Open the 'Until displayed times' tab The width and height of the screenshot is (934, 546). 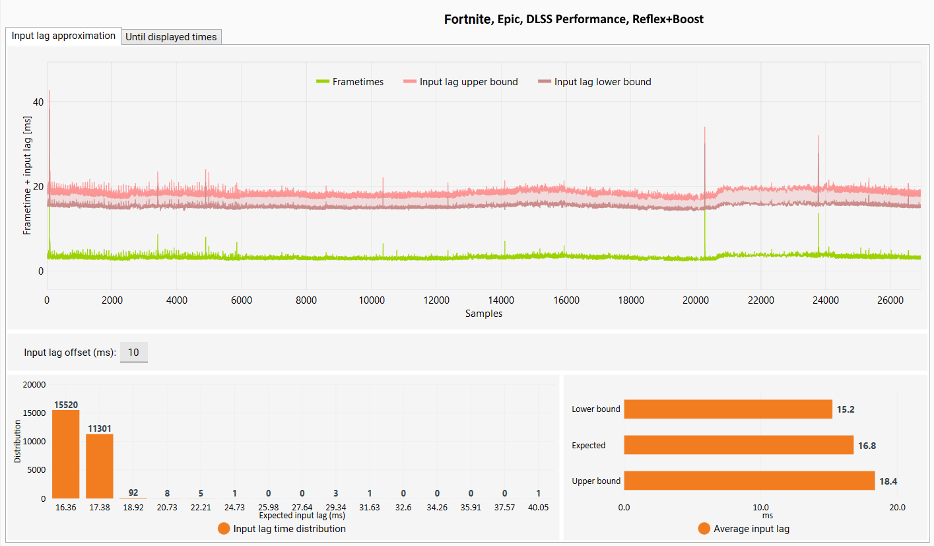(171, 37)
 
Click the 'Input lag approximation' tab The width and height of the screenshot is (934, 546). (63, 36)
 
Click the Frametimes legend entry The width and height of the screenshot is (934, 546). (350, 82)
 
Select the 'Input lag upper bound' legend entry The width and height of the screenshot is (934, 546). (461, 82)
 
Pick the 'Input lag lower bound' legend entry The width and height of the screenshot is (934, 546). (595, 82)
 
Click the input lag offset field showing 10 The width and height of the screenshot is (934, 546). (133, 353)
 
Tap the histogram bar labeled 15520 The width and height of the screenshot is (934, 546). (66, 454)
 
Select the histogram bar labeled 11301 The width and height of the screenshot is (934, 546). (100, 466)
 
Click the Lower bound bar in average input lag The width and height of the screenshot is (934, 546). (728, 409)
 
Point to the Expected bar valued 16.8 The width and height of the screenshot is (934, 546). (739, 445)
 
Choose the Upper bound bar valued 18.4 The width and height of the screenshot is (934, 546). (749, 481)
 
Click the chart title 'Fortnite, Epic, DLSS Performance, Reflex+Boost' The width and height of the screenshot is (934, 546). (574, 19)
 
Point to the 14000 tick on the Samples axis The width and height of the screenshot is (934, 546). (501, 300)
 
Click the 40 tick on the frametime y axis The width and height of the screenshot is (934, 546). (38, 102)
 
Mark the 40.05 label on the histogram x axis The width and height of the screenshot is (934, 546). (539, 508)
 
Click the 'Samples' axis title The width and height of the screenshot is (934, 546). (484, 314)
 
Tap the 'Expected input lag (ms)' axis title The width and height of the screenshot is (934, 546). (302, 516)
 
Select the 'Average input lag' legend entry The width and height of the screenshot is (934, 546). (744, 529)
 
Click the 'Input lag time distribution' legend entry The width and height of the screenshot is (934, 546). (282, 529)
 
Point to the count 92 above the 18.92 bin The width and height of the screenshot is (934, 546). (133, 493)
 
